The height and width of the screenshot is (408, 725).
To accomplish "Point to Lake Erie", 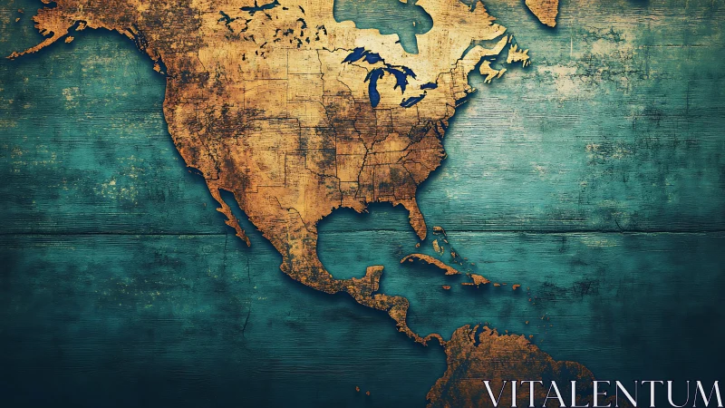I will click(x=413, y=100).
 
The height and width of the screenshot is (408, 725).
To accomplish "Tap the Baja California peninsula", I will click(x=230, y=214).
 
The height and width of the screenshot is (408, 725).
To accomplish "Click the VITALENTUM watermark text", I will click(x=602, y=392).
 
